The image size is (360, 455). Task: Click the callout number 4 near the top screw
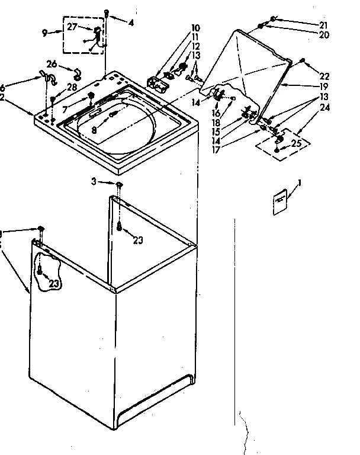130,23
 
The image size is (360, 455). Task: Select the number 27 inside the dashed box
72,27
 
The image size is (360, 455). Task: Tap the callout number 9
44,33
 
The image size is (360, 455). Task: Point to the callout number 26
52,65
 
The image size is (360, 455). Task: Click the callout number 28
72,88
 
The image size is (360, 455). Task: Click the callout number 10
195,28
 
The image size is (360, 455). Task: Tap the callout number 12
195,46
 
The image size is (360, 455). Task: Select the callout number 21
323,25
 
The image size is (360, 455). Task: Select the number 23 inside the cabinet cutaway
53,284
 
